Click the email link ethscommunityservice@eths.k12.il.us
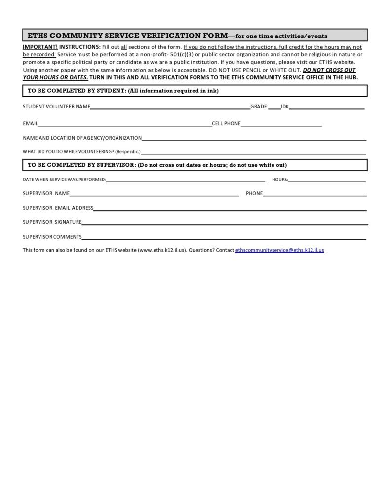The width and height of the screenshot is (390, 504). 279,250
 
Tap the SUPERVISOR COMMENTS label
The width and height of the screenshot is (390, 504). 52,237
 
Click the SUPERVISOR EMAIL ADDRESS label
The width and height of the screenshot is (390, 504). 58,208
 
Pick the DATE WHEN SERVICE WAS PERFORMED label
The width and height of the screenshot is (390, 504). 64,180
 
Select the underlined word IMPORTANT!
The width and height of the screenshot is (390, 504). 40,47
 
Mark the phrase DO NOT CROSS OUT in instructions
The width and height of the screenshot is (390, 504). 329,70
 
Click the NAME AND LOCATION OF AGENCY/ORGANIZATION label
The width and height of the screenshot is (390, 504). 82,138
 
